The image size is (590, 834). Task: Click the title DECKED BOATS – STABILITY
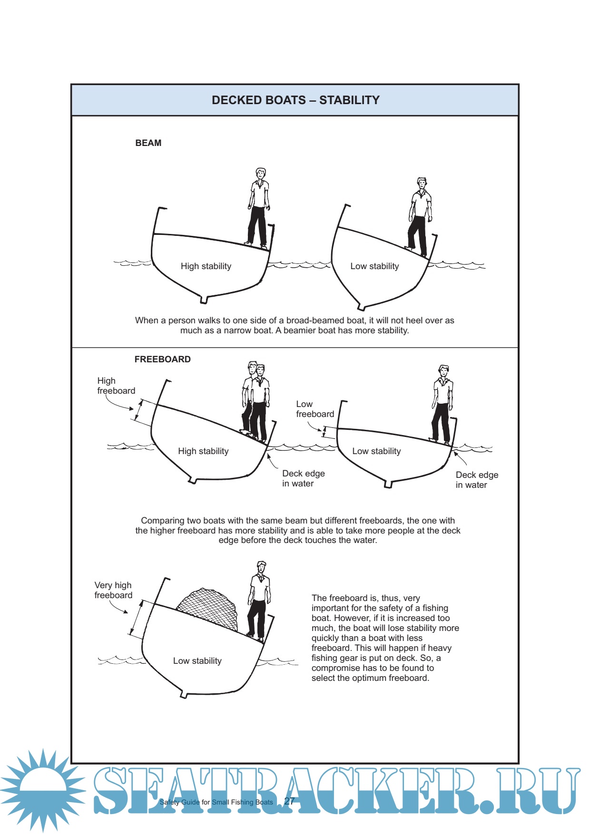point(295,100)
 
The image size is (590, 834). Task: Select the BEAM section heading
point(148,143)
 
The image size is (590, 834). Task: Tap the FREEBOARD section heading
point(162,359)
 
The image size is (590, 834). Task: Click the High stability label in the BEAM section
point(206,266)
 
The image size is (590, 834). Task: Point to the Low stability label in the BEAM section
point(374,266)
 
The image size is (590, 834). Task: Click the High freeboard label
point(116,386)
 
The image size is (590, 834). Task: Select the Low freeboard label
point(315,409)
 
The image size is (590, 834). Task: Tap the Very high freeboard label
point(113,590)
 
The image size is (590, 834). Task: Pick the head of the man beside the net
point(261,567)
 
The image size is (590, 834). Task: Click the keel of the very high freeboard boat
point(184,695)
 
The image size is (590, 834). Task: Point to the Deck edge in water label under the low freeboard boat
point(476,480)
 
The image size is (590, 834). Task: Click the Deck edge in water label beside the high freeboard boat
point(303,478)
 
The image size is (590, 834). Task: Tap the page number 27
point(289,801)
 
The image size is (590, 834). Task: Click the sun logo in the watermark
point(43,789)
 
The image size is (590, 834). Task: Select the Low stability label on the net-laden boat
point(197,661)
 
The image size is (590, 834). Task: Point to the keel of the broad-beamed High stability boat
point(204,299)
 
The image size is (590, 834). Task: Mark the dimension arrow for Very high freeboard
point(136,618)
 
